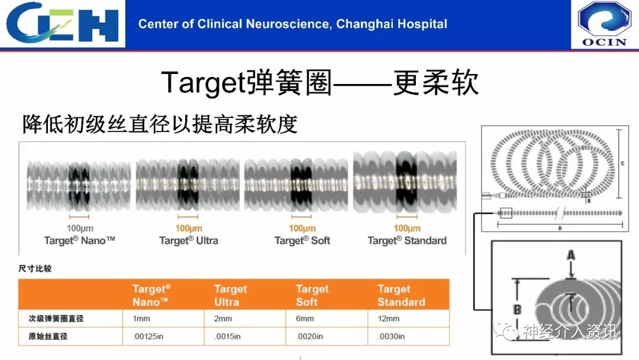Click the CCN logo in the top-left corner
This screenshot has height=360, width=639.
(63, 24)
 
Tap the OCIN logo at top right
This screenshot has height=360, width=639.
(604, 24)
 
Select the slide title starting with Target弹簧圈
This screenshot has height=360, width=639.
(319, 83)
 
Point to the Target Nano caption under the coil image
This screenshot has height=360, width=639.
(79, 240)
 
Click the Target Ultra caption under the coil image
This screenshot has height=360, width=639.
(189, 240)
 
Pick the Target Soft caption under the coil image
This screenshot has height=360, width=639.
(302, 240)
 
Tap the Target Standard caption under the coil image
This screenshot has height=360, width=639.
(407, 240)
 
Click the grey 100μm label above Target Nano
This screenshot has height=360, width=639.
(79, 229)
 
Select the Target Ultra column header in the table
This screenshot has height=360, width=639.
(231, 295)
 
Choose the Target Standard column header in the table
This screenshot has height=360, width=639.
(401, 295)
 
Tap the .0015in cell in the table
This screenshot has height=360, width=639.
(228, 336)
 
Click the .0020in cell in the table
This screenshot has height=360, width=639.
(309, 336)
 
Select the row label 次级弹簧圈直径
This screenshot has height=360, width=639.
(56, 319)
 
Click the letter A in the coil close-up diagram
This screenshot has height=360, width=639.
(571, 255)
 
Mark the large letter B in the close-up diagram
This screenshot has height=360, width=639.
(517, 309)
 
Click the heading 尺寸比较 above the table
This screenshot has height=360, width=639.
(35, 269)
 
